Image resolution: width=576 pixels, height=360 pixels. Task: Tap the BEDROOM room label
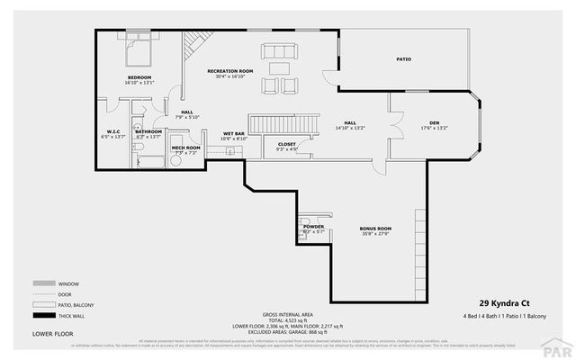139,78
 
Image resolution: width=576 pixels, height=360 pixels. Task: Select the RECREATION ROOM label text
230,70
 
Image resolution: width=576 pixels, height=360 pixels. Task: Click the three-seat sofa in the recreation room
278,49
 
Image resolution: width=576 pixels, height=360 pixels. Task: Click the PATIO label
404,59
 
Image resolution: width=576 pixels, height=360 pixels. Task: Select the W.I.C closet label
113,131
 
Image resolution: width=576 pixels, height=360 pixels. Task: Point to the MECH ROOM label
185,148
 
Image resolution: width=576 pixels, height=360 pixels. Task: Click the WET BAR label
234,134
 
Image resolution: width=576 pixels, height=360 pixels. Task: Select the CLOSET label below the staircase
287,143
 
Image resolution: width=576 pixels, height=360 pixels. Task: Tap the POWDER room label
313,227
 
